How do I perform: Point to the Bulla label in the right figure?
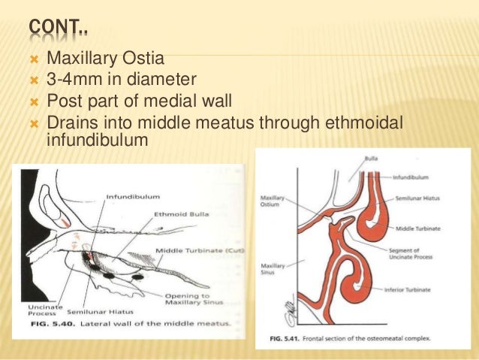(x=371, y=159)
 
